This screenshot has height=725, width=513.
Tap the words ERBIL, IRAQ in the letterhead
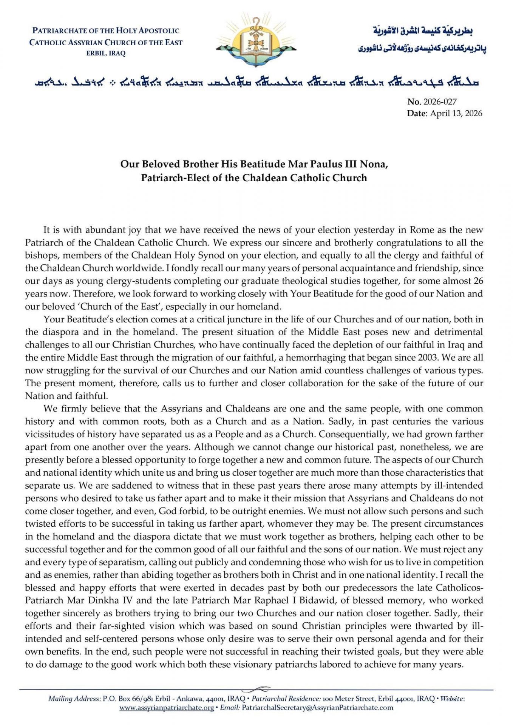(x=106, y=54)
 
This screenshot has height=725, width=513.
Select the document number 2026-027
(x=440, y=102)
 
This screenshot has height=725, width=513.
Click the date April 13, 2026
(x=456, y=113)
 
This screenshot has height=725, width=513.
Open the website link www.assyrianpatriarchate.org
(x=167, y=708)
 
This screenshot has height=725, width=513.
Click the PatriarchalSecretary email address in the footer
(x=317, y=708)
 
